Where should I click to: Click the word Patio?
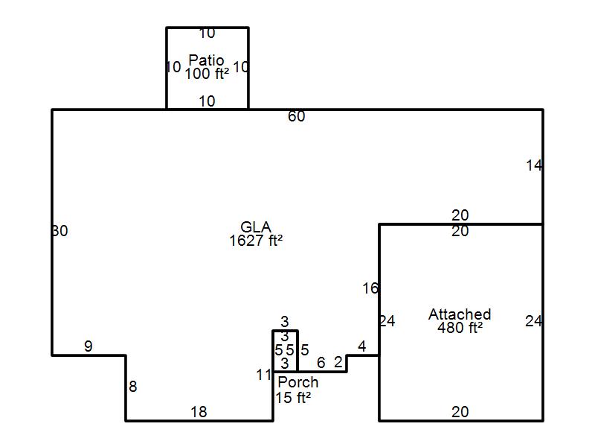[206, 60]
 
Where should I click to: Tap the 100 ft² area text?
[207, 74]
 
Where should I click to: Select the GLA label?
[256, 227]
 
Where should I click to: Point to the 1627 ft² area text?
[256, 241]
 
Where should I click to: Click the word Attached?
[460, 314]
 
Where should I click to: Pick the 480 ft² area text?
[460, 327]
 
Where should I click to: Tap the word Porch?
[297, 382]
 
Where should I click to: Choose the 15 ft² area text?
[293, 398]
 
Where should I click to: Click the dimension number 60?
[297, 116]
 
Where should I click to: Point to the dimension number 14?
[534, 166]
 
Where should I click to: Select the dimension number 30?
[60, 231]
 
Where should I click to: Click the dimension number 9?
[89, 346]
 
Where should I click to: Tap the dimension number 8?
[133, 387]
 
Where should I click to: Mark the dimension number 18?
[199, 412]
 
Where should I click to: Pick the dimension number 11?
[264, 375]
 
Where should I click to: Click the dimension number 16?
[370, 288]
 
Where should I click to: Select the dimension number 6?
[321, 363]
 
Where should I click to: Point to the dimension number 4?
[362, 346]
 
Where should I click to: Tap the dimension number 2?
[338, 363]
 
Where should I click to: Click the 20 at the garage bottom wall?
[460, 412]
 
